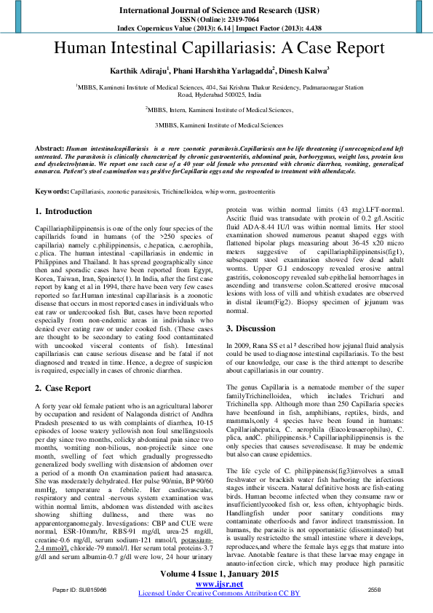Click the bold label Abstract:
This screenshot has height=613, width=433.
tap(49, 148)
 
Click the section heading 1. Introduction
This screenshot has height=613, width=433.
tap(69, 211)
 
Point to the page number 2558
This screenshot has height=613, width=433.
tap(374, 588)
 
